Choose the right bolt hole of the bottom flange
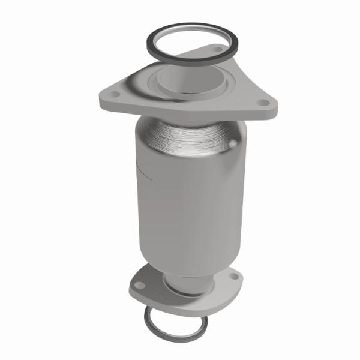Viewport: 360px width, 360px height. pos(232,278)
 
